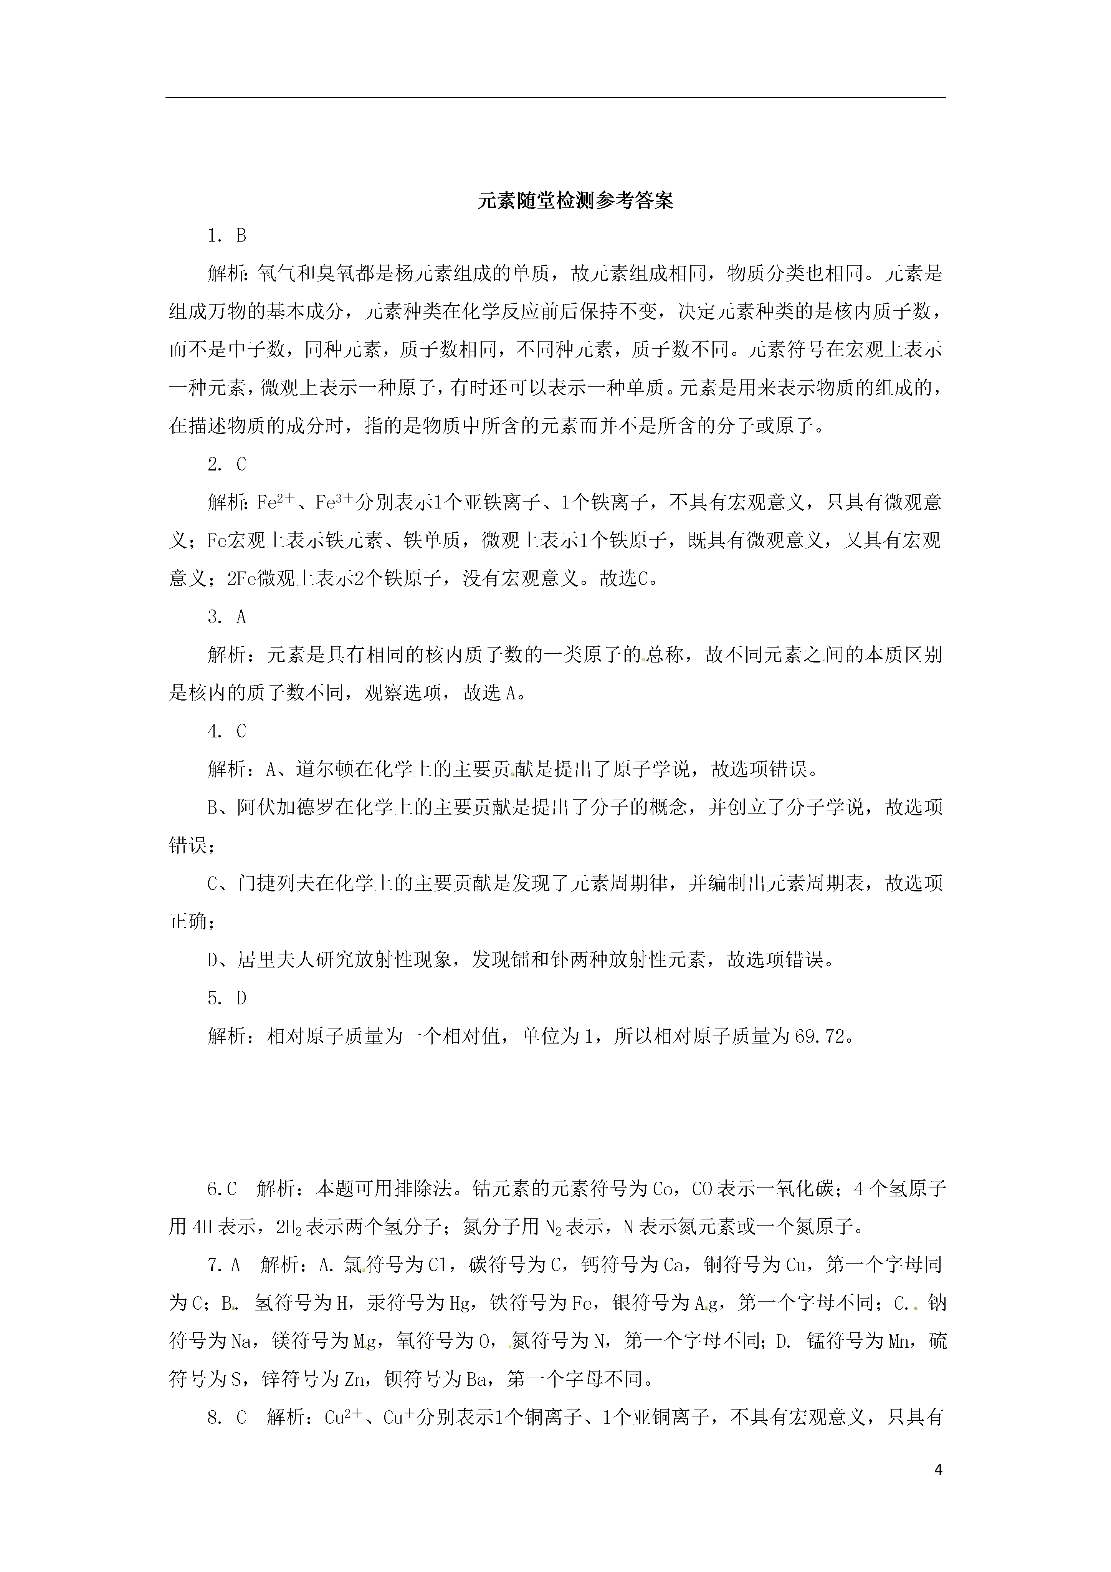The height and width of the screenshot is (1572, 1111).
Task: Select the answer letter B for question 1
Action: (x=241, y=235)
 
